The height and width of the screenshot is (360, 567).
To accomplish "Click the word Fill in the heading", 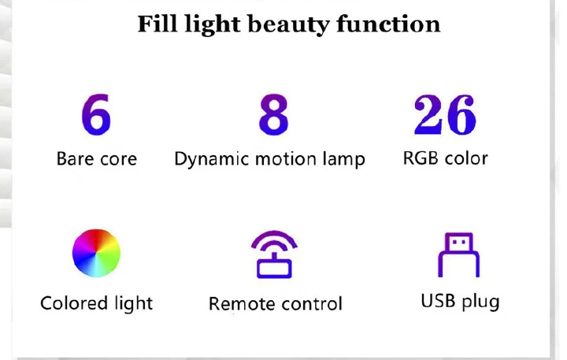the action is click(157, 24).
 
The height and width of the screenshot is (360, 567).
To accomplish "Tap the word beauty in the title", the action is click(288, 25).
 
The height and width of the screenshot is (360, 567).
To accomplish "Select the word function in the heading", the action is click(388, 24).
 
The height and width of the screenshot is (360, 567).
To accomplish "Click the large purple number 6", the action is click(96, 114).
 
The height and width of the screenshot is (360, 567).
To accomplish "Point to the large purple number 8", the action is click(274, 114).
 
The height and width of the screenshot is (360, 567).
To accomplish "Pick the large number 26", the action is click(445, 114).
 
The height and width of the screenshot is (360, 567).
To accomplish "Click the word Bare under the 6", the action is click(75, 158).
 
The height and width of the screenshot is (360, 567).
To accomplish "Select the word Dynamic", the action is click(212, 160).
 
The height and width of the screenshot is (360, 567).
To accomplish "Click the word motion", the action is click(286, 159).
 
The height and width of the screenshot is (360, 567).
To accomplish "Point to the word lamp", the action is click(343, 160).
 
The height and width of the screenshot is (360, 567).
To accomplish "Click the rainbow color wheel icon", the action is click(96, 253).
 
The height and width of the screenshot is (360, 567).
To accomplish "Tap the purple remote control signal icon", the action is click(274, 254).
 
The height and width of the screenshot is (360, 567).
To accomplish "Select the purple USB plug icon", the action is click(458, 254).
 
